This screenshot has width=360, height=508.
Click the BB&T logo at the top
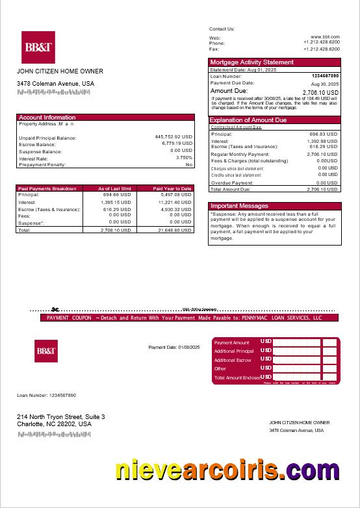click(38, 47)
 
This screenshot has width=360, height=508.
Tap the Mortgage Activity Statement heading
click(251, 62)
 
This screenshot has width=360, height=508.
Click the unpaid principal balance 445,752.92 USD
click(174, 137)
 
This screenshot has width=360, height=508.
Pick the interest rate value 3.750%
click(184, 157)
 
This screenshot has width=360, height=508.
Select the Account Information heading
click(47, 118)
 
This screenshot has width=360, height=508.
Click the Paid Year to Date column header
click(172, 188)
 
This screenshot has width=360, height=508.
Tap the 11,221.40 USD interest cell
click(175, 202)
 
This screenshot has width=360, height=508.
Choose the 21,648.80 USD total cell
click(175, 230)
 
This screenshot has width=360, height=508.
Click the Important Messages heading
click(239, 206)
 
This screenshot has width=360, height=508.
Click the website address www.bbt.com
click(325, 38)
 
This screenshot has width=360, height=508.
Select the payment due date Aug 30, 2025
click(324, 84)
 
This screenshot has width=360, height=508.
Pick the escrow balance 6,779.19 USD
click(177, 144)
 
